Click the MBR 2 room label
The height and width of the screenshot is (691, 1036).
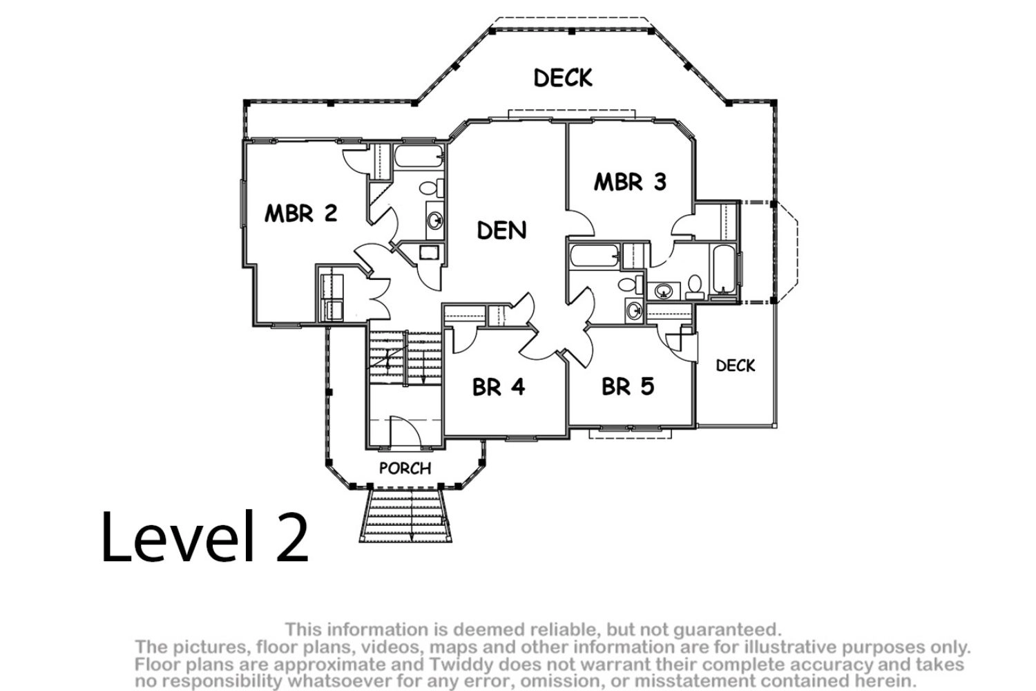300,214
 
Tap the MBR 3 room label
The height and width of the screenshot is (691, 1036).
630,182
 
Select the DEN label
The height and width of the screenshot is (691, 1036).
501,230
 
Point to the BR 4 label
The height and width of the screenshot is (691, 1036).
499,387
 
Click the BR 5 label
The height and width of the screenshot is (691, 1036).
628,386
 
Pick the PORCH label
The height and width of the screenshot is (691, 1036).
405,468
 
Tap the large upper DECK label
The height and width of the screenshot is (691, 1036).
563,78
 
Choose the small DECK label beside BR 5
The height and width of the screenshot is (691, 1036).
736,366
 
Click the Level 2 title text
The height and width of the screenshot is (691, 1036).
205,537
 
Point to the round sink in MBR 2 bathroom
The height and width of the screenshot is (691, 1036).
434,220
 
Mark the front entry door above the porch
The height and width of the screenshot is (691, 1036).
405,432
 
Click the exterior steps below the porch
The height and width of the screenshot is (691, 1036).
405,515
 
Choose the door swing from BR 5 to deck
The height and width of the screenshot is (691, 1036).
681,345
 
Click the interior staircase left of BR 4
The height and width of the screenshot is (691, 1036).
405,357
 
